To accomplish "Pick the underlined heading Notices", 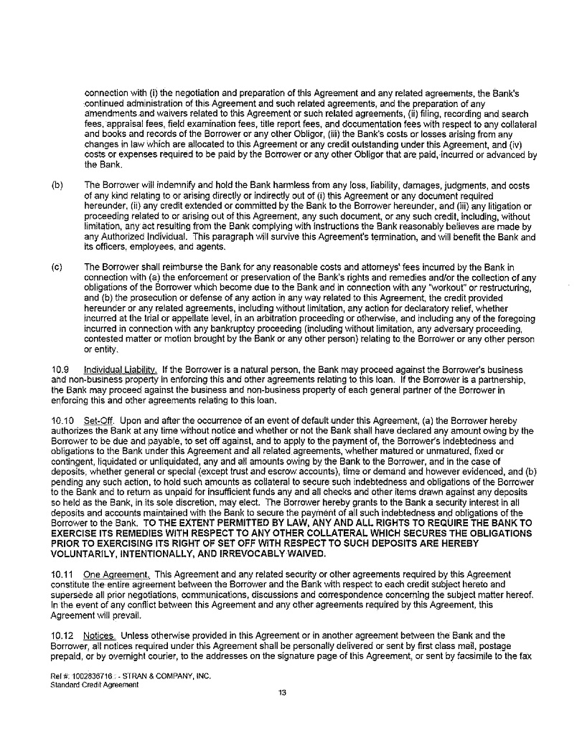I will click(x=99, y=635).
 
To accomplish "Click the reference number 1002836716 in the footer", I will click(x=89, y=676).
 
